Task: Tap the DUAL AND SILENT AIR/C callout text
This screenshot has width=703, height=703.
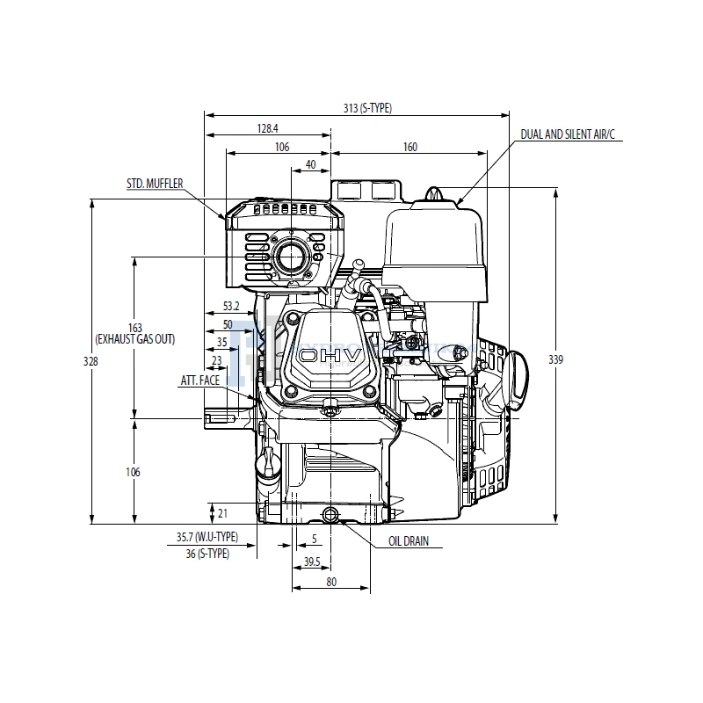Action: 569,134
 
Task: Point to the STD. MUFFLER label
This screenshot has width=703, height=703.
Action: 155,183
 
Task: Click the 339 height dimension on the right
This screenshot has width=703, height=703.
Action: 577,359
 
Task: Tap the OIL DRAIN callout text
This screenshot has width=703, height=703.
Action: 409,541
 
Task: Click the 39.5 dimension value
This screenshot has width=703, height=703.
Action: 311,562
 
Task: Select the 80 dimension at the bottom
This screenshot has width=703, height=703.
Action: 331,581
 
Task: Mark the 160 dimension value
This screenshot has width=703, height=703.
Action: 409,147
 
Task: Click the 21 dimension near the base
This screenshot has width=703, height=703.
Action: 222,512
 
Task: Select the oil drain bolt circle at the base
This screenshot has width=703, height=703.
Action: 330,514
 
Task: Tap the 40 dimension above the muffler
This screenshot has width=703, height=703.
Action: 310,164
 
